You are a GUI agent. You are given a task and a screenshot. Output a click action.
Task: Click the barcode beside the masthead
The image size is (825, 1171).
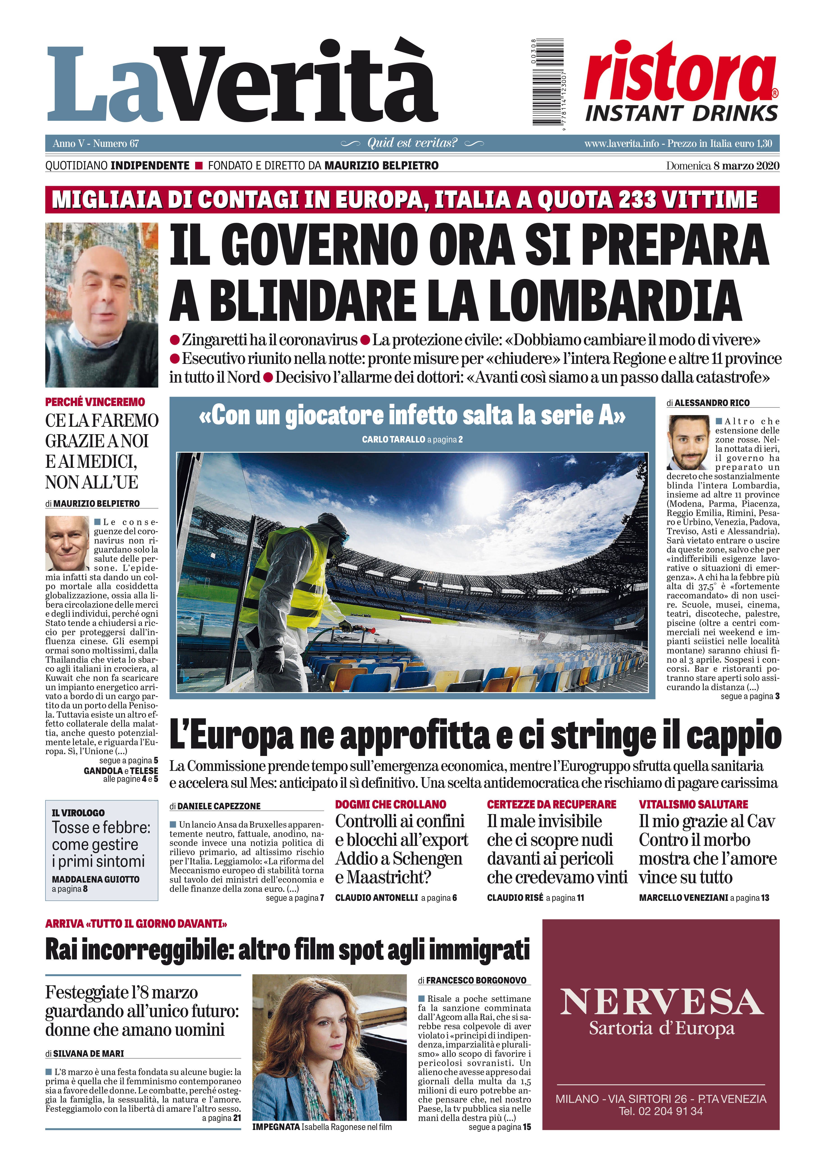(547, 82)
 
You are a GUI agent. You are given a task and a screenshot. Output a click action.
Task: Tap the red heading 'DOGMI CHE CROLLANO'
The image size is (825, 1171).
(390, 804)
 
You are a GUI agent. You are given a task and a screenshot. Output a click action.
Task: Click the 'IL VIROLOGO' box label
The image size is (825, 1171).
(78, 813)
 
